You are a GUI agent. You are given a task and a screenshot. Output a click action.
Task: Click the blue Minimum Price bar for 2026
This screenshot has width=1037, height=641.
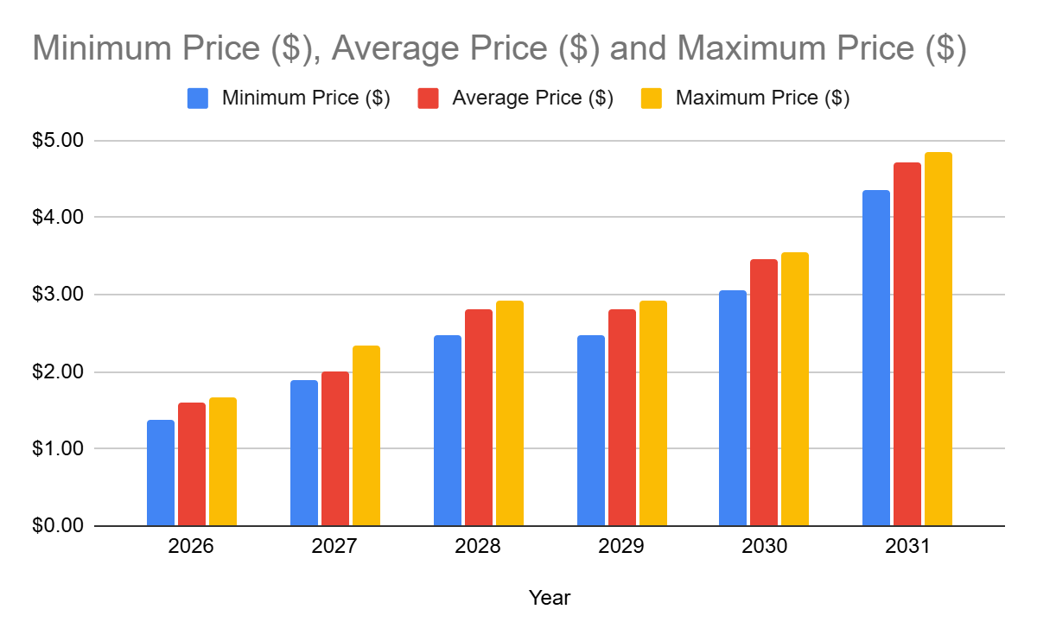pos(161,473)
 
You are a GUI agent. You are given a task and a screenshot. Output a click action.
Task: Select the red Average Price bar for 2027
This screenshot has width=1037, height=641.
pos(335,448)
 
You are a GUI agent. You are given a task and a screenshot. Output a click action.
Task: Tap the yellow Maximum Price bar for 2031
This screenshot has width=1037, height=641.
pos(938,339)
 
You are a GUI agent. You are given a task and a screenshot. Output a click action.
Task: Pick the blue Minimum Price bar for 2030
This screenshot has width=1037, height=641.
pos(733,408)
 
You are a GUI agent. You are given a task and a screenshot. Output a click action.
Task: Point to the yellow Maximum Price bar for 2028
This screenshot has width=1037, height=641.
pos(510,413)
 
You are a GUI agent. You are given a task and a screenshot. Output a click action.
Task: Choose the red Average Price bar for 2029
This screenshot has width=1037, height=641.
pos(622,417)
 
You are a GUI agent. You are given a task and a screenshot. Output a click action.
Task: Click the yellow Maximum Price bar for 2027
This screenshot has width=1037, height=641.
pos(366,435)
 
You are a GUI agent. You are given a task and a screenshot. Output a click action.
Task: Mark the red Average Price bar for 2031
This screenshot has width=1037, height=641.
pos(907,344)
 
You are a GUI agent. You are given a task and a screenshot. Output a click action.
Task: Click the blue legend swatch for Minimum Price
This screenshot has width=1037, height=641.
pos(198,98)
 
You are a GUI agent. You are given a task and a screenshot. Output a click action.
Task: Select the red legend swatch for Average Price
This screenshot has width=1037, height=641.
pos(428,98)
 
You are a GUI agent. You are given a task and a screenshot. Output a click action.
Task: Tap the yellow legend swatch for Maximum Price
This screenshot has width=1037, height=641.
pos(652,98)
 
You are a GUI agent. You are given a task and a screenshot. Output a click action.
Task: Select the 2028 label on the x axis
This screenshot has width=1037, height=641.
pos(478,548)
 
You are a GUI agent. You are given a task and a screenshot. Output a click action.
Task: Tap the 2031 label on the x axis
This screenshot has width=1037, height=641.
pos(907,548)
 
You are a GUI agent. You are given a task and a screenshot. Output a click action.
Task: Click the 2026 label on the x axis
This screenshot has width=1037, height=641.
pos(192,548)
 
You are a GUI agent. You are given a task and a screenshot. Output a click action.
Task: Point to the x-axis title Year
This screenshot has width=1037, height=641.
pos(550,598)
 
